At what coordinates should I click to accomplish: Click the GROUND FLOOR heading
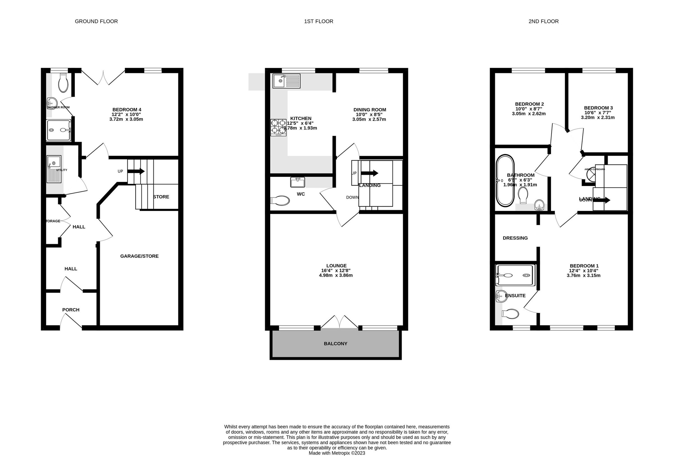click(x=96, y=21)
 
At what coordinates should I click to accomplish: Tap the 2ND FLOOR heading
click(x=543, y=21)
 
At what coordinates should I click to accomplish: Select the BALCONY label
click(x=335, y=343)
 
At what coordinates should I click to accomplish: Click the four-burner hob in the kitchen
click(x=278, y=127)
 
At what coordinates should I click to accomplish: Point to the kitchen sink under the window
click(x=286, y=81)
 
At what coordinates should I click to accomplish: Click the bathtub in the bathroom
click(x=505, y=181)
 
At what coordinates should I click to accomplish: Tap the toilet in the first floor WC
click(x=280, y=201)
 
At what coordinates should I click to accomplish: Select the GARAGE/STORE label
click(x=139, y=256)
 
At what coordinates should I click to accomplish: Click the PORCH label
click(x=71, y=310)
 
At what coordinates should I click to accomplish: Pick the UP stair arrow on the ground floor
click(x=136, y=171)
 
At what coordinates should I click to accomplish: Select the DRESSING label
click(x=515, y=238)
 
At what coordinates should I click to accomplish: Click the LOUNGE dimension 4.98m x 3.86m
click(x=336, y=275)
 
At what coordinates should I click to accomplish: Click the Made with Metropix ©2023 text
click(x=337, y=453)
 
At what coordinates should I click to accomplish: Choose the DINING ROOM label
click(x=370, y=110)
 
